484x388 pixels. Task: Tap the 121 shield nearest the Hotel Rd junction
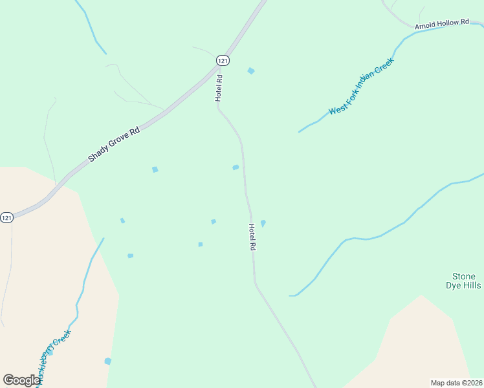223,60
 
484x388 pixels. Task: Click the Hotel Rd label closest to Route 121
219,88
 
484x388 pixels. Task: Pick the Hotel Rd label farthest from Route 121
252,237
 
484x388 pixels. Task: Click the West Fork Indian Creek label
361,87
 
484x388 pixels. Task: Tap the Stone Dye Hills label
464,281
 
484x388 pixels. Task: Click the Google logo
21,380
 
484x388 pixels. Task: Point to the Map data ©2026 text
456,383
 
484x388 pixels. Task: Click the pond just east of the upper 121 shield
251,70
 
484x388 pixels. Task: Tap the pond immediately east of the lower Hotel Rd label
263,223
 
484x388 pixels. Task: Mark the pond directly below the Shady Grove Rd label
155,169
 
